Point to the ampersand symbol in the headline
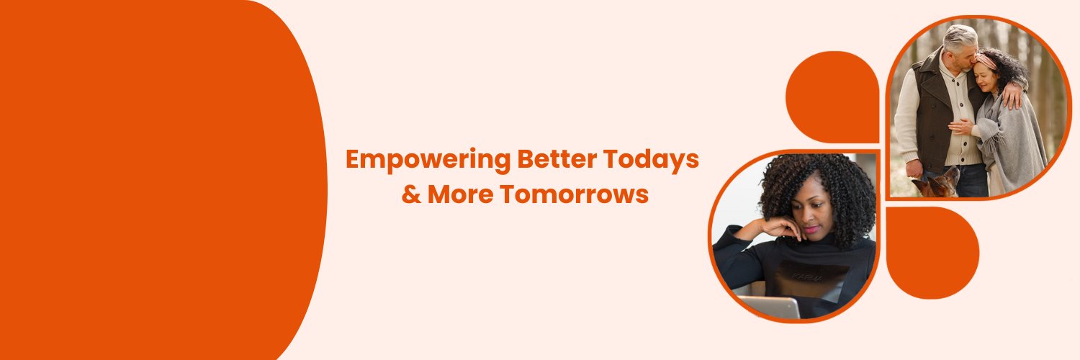411,194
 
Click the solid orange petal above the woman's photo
832,97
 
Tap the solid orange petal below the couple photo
932,252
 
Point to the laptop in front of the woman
769,307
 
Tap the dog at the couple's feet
936,184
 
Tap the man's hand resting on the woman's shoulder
1013,94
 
